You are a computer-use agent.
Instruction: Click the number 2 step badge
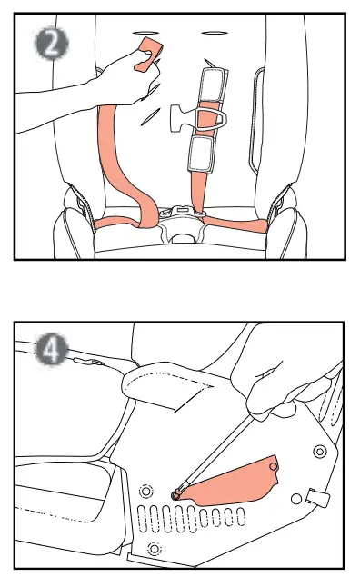tap(51, 43)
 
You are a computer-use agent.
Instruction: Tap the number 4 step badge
tap(51, 350)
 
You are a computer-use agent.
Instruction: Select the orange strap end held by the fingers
tap(147, 54)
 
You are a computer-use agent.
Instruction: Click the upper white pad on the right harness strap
tap(213, 85)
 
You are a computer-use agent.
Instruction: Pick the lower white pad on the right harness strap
tap(202, 153)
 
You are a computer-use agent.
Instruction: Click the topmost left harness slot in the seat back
tap(144, 34)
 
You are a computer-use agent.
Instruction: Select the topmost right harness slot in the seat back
tap(215, 34)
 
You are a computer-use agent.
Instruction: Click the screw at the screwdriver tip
tap(176, 494)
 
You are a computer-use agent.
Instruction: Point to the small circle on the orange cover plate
tap(274, 467)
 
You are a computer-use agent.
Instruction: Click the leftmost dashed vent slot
tap(143, 519)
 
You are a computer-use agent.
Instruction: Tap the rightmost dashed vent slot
tap(241, 517)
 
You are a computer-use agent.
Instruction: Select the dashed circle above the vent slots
tap(145, 492)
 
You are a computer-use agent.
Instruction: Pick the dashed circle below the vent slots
tap(154, 549)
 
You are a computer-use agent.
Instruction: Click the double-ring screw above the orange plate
tap(319, 452)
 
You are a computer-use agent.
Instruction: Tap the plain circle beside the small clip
tap(296, 499)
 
